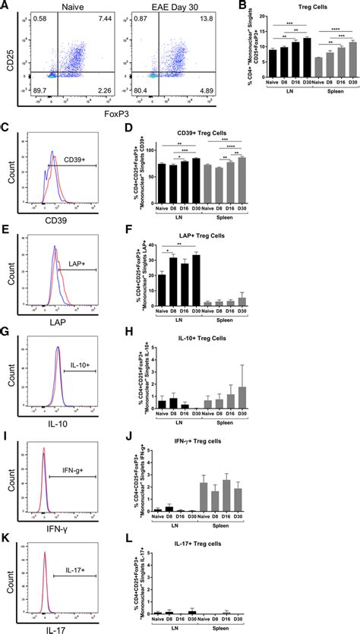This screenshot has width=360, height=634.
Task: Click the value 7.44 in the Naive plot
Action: [104, 17]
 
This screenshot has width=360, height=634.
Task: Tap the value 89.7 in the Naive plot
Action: [37, 90]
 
